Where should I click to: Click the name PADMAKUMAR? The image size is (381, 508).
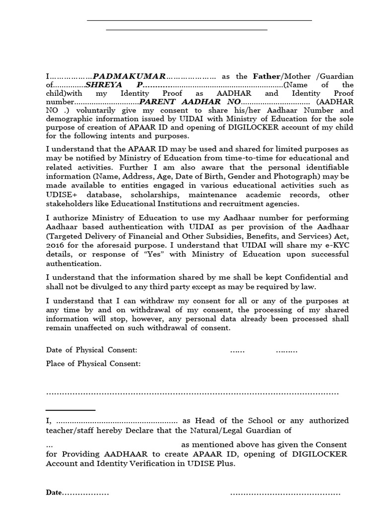[129, 76]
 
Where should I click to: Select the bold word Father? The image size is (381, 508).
[266, 76]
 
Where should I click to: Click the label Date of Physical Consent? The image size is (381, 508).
[91, 350]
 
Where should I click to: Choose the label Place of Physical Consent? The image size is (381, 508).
[93, 364]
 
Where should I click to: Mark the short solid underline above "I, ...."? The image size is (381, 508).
[70, 410]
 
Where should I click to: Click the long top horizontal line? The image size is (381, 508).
[199, 20]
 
